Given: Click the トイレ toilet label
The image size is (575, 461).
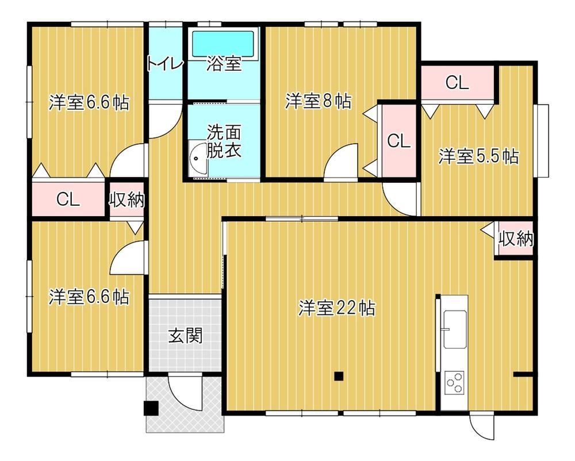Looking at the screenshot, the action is pyautogui.click(x=164, y=64).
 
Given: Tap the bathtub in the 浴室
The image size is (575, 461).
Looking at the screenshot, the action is pyautogui.click(x=223, y=44).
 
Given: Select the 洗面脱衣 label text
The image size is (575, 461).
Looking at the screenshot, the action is pyautogui.click(x=224, y=141).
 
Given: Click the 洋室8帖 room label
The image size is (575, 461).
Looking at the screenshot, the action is pyautogui.click(x=318, y=101).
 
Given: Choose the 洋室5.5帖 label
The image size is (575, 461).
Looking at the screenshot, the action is pyautogui.click(x=478, y=156).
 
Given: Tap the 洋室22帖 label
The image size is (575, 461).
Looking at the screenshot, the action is pyautogui.click(x=336, y=308).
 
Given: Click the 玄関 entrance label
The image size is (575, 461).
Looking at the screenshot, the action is pyautogui.click(x=186, y=335).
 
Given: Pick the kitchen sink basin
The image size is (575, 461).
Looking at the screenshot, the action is pyautogui.click(x=455, y=329).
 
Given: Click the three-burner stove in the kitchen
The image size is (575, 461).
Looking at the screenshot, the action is pyautogui.click(x=454, y=383).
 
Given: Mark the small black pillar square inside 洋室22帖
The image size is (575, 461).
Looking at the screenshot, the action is pyautogui.click(x=339, y=376).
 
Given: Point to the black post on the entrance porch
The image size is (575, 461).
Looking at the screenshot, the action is pyautogui.click(x=151, y=408).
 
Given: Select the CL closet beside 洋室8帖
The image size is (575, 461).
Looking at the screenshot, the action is pyautogui.click(x=398, y=141).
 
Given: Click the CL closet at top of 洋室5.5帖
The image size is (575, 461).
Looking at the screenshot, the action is pyautogui.click(x=457, y=82).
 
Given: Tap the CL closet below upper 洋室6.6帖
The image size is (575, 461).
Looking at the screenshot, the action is pyautogui.click(x=68, y=199).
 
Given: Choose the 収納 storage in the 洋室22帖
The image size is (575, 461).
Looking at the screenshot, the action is pyautogui.click(x=515, y=239).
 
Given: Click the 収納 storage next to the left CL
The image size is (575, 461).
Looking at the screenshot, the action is pyautogui.click(x=127, y=199).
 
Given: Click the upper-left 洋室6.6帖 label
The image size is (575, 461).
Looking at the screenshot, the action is pyautogui.click(x=89, y=103).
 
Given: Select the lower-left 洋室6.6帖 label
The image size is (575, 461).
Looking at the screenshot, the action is pyautogui.click(x=89, y=297).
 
